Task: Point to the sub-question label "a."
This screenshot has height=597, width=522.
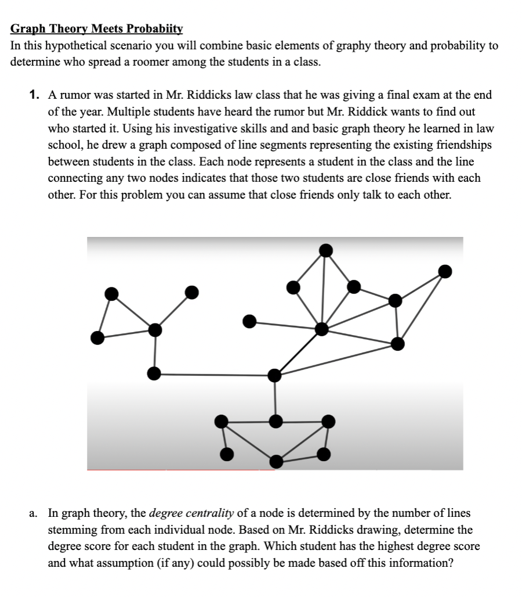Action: coord(35,513)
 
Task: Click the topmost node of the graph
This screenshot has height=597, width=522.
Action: coord(327,250)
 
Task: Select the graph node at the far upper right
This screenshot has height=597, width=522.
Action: coord(445,271)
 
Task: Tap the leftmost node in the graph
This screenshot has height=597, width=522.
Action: coord(98,337)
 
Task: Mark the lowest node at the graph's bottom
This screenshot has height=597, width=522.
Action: coord(277,462)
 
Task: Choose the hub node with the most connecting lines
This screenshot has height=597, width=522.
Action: coord(322,329)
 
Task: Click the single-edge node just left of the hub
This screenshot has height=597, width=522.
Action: coord(249,321)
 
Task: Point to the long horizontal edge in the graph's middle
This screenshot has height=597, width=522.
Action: coord(215,375)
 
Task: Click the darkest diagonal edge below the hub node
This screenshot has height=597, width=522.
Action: coord(298,353)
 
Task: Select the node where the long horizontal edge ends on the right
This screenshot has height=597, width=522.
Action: coord(275,376)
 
